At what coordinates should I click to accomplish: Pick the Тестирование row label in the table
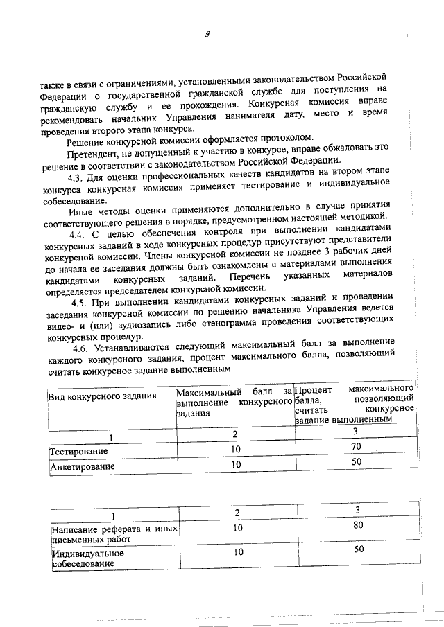point(78,451)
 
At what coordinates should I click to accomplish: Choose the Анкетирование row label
point(83,466)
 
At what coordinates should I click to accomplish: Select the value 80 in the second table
point(357,525)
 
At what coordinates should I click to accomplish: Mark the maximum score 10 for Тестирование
point(236,450)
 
